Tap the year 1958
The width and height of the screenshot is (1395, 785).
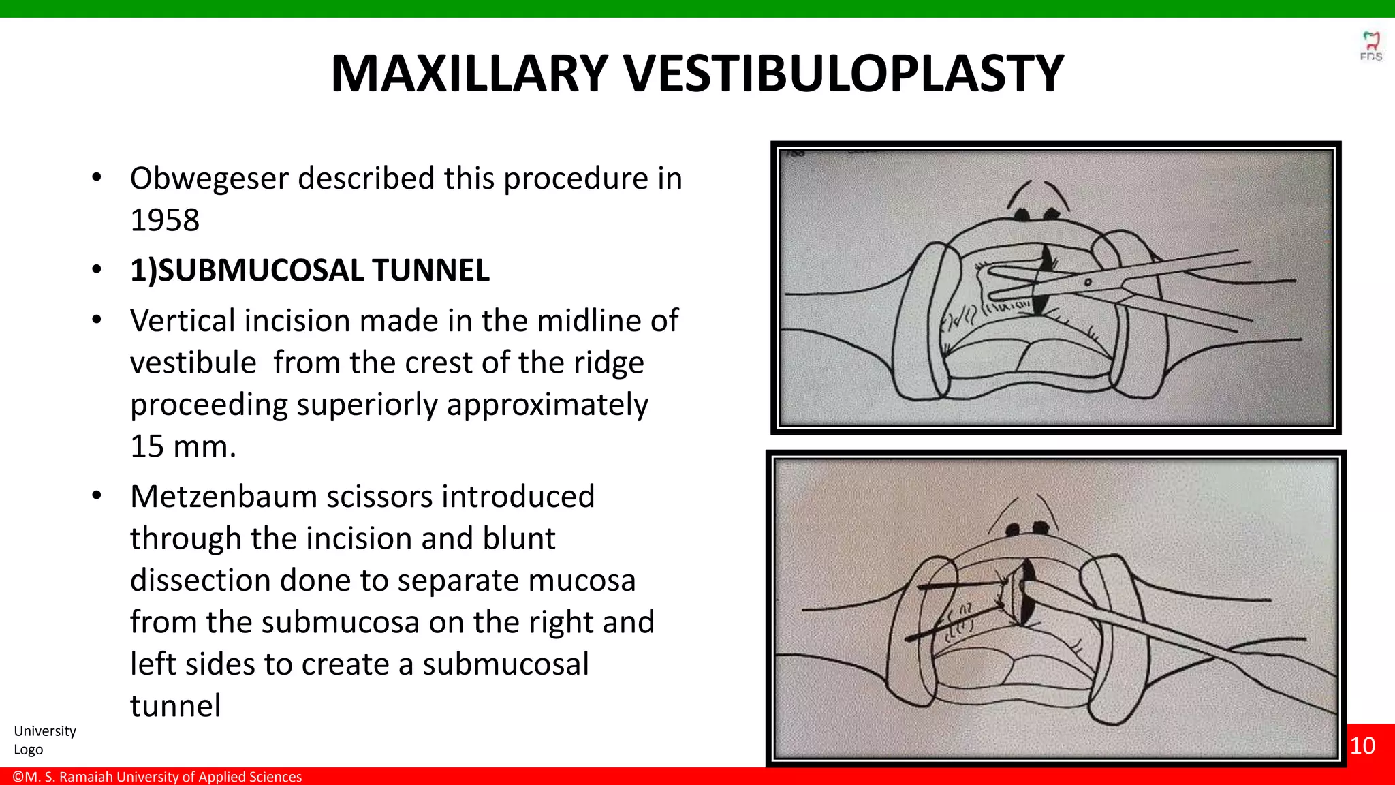(x=165, y=220)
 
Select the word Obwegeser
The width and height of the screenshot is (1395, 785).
(x=209, y=179)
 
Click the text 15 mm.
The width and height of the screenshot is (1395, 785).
(x=183, y=447)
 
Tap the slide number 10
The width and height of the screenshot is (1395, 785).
(x=1362, y=745)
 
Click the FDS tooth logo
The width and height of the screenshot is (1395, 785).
(x=1370, y=45)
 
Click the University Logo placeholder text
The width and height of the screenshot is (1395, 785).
(x=44, y=740)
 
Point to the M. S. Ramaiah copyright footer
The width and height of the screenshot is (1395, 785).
(x=157, y=777)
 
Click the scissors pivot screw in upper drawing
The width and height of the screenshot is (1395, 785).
(x=1087, y=282)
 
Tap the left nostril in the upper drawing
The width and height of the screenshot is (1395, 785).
(x=1022, y=215)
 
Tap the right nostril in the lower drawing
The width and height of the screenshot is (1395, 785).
(x=1040, y=527)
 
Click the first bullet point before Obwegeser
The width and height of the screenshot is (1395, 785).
(x=97, y=179)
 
